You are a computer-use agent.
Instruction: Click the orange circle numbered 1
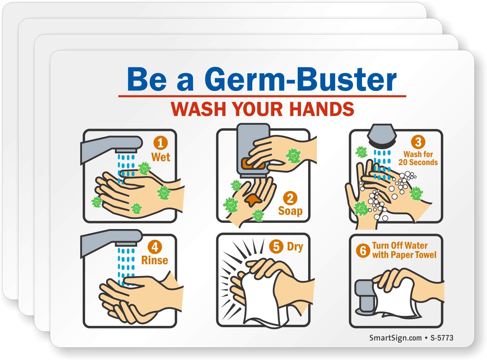coord(160,143)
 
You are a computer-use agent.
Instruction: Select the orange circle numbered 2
coord(290,198)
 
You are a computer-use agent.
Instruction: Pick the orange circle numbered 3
coord(418,142)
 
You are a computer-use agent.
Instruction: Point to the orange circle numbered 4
coord(155,247)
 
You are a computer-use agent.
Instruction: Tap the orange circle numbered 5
coord(276,246)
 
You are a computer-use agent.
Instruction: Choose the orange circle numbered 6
coord(363,251)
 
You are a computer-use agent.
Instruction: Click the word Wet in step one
coord(161,157)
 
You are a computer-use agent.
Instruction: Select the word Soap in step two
coord(290,211)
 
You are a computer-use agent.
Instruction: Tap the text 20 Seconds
coord(418,162)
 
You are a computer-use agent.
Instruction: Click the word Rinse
coord(155,260)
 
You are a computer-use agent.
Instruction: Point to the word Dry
coord(295,246)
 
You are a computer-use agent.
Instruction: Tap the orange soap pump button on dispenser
coord(252,163)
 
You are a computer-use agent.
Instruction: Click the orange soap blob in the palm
coord(253,199)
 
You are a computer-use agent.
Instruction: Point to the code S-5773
coord(442,338)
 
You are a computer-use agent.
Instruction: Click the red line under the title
coord(262,96)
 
